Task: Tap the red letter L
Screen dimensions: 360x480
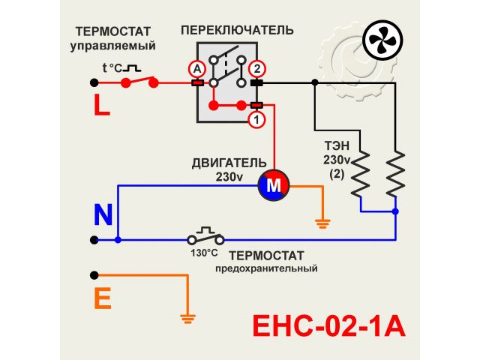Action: coord(101,105)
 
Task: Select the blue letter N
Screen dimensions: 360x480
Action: coord(103,215)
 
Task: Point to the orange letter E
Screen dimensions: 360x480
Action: coord(103,299)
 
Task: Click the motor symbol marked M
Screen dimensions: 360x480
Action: coord(273,184)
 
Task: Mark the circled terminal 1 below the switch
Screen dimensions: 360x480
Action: coord(256,119)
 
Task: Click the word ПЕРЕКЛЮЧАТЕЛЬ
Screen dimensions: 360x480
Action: coord(237,30)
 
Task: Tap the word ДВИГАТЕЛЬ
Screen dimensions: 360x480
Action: coord(229,163)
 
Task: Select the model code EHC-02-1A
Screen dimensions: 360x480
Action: coord(328,327)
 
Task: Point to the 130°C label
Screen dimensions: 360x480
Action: coord(203,253)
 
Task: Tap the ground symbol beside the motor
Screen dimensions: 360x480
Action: coord(322,222)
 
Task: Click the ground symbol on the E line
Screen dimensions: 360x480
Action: coord(187,318)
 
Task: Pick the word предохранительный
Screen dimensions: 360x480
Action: coord(265,268)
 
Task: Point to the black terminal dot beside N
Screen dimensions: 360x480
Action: coord(94,240)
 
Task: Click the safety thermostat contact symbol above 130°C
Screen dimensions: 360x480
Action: coord(205,237)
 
